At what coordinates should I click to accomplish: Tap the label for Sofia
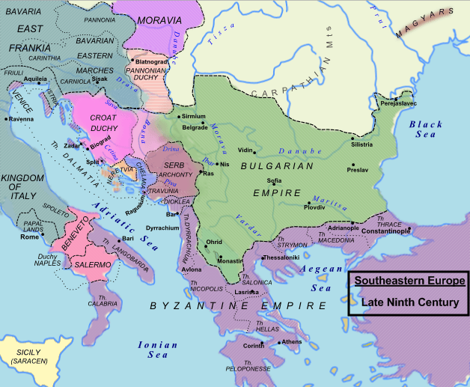click(x=274, y=181)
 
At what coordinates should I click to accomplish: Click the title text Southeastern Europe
click(x=409, y=281)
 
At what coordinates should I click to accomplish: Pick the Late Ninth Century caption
click(x=409, y=302)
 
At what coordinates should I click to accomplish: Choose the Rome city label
click(x=29, y=237)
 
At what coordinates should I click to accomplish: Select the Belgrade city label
click(x=195, y=127)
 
